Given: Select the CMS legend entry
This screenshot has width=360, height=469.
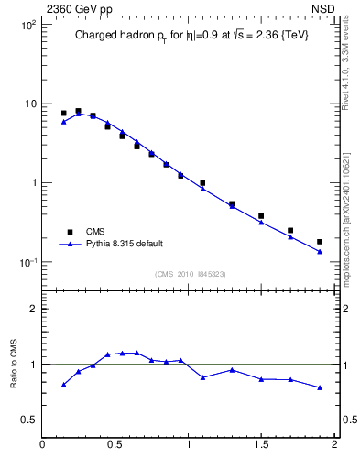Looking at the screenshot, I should point(96,232).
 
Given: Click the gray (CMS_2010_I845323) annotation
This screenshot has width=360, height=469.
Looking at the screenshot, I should point(191,274).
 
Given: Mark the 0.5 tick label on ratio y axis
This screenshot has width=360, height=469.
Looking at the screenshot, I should point(28,420).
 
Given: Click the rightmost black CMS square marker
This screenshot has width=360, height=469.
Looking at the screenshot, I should point(320,242).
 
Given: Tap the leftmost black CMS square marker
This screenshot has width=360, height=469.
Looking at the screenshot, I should point(63,114).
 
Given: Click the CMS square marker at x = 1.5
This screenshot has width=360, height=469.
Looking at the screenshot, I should point(261,216).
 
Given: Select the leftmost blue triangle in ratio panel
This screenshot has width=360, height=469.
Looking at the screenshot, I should point(63,385).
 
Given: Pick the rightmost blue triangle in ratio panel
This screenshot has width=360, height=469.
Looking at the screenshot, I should point(320,387).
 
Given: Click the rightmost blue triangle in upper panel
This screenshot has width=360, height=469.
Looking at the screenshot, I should point(320,251).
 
